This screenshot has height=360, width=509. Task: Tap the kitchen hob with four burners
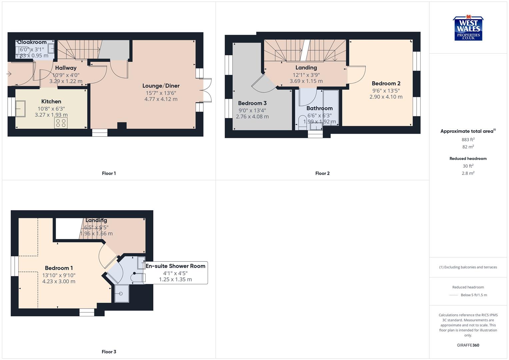tap(61, 123)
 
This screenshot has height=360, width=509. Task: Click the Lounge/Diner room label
tap(161, 86)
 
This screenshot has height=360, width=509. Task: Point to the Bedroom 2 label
tap(386, 83)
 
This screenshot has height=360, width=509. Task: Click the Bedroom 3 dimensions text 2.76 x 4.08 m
tap(252, 117)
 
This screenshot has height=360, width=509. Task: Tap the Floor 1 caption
tap(109, 173)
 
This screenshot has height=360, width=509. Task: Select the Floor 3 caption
tap(109, 352)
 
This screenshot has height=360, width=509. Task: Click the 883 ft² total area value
tap(468, 140)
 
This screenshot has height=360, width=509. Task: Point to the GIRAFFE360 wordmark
tap(468, 345)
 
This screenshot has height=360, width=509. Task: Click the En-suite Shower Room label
tap(175, 266)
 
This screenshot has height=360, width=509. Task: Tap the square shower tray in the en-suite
tap(122, 293)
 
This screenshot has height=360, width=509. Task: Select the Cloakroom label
tap(32, 42)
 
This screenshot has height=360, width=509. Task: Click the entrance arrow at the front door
tap(9, 74)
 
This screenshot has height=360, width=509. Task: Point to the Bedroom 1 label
tap(59, 268)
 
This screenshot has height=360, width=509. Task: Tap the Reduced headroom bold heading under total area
tap(468, 159)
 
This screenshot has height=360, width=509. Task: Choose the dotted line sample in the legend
tap(454, 295)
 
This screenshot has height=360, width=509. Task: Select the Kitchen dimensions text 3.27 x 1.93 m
tap(51, 115)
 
